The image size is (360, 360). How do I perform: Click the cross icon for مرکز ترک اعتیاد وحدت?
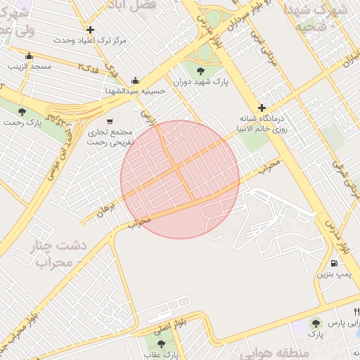(x=90, y=30)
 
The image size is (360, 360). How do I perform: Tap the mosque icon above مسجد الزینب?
(x=29, y=56)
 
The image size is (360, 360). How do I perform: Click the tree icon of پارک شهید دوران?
(x=201, y=70)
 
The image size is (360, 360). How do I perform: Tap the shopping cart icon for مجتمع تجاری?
(x=109, y=121)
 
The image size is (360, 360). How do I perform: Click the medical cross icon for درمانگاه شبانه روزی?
(x=262, y=108)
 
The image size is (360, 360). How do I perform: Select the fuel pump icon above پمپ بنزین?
(x=333, y=263)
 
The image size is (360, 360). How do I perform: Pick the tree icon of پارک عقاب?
(x=162, y=343)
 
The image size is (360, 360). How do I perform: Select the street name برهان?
(x=105, y=207)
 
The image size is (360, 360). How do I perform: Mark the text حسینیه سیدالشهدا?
(x=136, y=91)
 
